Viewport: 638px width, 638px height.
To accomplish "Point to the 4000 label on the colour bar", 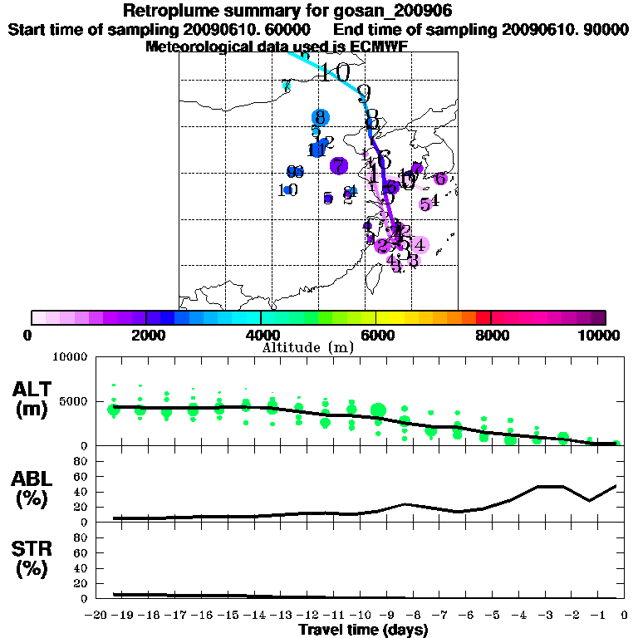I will [x=261, y=336].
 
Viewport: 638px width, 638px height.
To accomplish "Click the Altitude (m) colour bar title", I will [x=307, y=347].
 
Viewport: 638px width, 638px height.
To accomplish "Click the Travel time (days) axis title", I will [x=363, y=631].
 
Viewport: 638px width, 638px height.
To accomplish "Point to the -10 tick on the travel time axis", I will [x=362, y=615].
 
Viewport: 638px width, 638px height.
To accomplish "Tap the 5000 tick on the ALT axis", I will [x=74, y=401].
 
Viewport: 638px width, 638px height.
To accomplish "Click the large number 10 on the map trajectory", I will [x=335, y=72].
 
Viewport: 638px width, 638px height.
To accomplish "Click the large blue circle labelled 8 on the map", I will [x=320, y=118].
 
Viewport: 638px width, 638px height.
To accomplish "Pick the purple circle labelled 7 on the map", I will [x=338, y=166].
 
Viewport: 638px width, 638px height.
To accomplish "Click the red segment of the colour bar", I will [x=483, y=317].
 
